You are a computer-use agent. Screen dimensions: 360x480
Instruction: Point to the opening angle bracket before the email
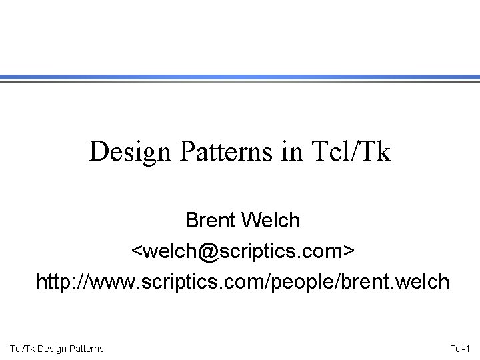(x=135, y=251)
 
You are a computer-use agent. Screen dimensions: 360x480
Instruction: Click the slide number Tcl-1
(x=459, y=348)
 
